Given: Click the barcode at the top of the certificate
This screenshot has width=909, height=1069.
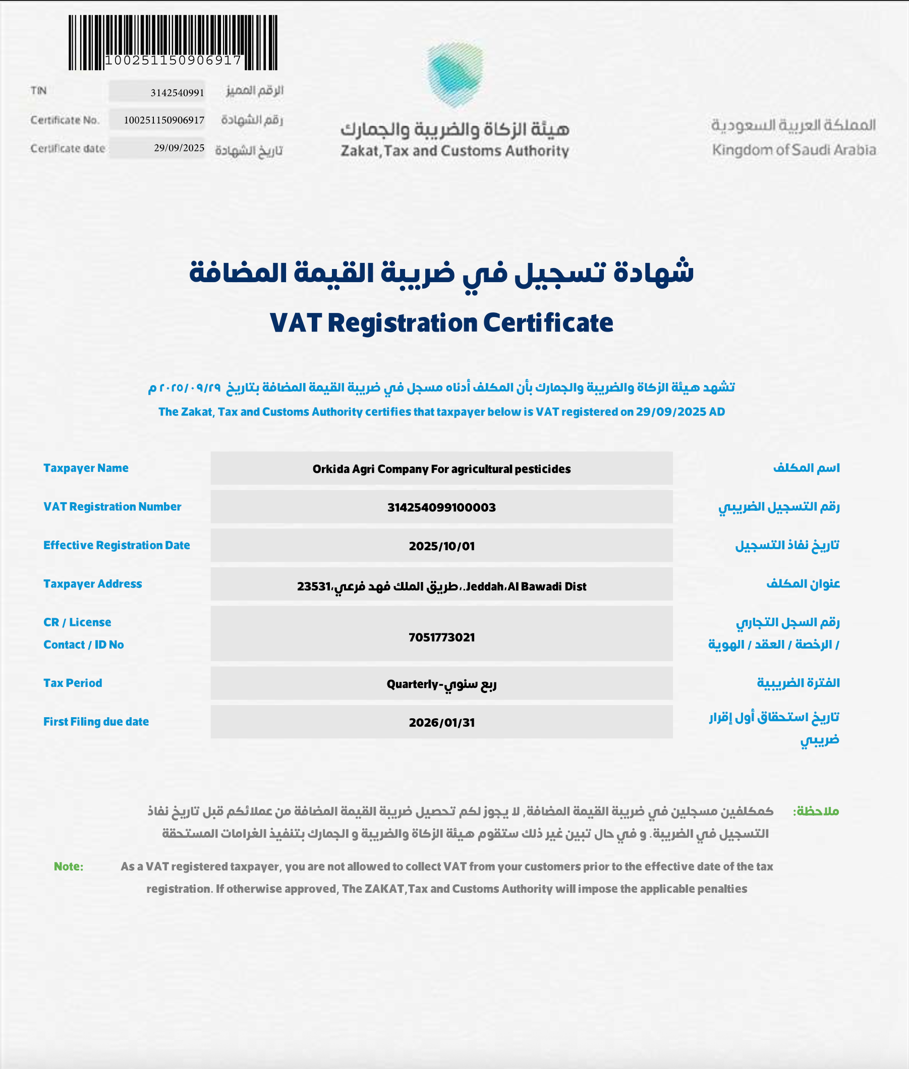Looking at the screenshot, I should click(x=173, y=42).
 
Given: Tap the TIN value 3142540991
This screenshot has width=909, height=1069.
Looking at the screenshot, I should click(x=177, y=93).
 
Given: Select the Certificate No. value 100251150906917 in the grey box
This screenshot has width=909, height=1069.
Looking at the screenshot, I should click(x=164, y=120).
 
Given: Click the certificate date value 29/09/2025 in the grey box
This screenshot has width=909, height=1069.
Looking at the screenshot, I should click(x=179, y=148).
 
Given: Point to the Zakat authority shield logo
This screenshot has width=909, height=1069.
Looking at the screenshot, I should click(x=455, y=75).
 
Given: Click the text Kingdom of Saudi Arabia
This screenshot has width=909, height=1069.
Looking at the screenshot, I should click(x=793, y=150).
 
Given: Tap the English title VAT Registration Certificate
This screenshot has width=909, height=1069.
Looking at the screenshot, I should click(x=441, y=324).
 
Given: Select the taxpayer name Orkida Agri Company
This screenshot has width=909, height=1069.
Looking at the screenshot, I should click(x=441, y=469).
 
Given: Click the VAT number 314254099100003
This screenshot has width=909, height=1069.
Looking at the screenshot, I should click(x=441, y=507).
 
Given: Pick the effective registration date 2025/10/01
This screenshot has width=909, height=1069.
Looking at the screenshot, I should click(x=441, y=546).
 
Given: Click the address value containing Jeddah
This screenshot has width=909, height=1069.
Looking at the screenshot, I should click(x=441, y=586).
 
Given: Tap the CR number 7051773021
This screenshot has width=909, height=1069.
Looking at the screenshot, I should click(x=441, y=637).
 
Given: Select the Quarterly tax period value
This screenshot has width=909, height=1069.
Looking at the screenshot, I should click(x=441, y=684).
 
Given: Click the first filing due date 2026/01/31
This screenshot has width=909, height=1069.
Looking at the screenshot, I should click(x=441, y=722).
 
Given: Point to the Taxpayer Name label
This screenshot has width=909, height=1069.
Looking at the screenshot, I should click(x=86, y=468).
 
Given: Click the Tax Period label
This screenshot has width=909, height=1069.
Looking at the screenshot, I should click(x=73, y=683).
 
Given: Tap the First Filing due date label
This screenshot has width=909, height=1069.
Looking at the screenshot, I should click(x=96, y=721).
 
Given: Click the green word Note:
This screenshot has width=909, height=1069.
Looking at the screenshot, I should click(x=69, y=866).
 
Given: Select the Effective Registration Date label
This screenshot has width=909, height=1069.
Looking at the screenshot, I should click(x=117, y=545).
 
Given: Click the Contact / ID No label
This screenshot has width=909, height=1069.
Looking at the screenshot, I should click(x=83, y=645).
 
